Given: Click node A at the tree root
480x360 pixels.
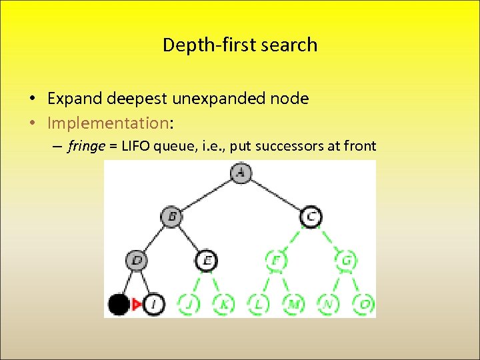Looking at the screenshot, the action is [x=240, y=173].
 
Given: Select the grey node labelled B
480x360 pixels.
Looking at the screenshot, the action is [x=171, y=216].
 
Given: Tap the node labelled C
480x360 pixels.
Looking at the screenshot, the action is [x=311, y=216].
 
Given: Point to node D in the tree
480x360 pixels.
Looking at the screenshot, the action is [x=137, y=260].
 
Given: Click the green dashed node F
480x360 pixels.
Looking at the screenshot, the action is [x=275, y=260].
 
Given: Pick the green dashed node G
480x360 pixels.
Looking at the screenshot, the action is [x=345, y=260].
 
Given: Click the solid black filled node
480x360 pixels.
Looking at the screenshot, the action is [x=119, y=305].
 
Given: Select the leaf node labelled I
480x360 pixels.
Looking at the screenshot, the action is [x=153, y=305].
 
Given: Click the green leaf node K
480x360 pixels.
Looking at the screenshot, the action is [x=223, y=305].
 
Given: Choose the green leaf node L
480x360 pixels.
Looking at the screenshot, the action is [x=258, y=305].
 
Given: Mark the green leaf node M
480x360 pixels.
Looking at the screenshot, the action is [x=293, y=305].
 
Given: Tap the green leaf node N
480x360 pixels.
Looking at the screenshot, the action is [x=328, y=305].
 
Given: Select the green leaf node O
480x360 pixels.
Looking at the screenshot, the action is [x=363, y=305].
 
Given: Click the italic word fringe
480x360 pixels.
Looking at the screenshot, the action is [x=85, y=147].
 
